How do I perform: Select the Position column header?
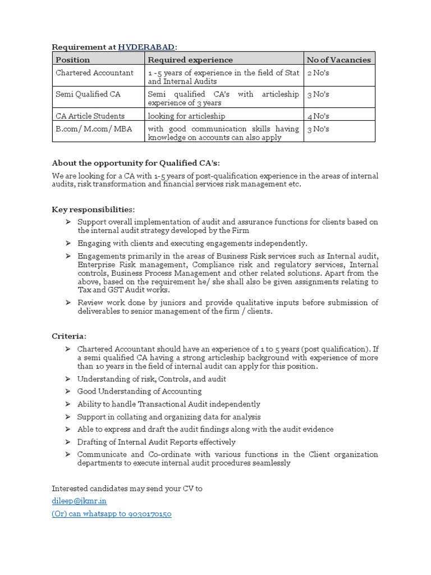coord(72,60)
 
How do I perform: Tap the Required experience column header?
coord(190,60)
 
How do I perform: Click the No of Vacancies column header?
coord(338,60)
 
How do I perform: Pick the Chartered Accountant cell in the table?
coord(94,72)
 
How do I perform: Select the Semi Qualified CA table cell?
coord(88,94)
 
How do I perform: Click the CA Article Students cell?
coord(90,116)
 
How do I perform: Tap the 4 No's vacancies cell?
coord(318,116)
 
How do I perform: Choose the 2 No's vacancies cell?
coord(318,73)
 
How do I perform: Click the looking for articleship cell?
coord(186,116)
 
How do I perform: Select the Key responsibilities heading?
coord(93,209)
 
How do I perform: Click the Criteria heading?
coord(69,336)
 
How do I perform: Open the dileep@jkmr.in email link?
coord(79,501)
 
